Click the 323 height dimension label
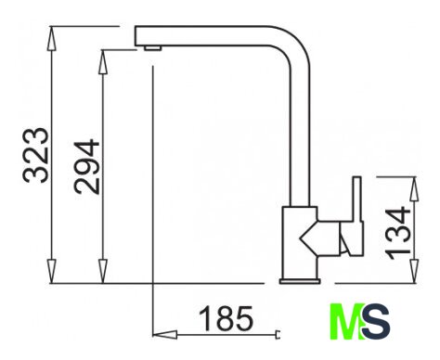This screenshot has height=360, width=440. point(36,155)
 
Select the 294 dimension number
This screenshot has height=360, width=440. point(86,167)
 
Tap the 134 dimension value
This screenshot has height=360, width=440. point(398,234)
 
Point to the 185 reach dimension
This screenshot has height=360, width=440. point(226,318)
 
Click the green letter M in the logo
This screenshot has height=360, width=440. point(346,322)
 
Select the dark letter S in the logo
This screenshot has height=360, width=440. point(376,322)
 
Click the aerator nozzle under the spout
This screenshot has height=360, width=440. point(152,47)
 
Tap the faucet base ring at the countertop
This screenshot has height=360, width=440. point(300,281)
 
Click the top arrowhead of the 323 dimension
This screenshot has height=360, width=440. point(52,39)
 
